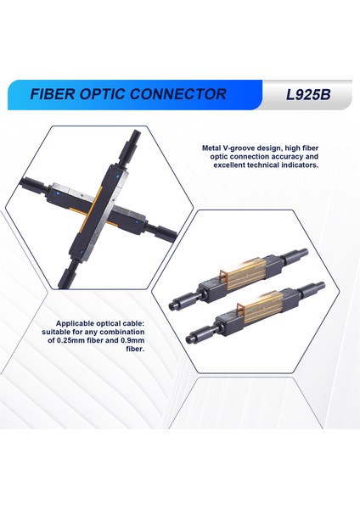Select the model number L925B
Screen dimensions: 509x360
[307, 94]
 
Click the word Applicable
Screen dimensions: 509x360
[77, 323]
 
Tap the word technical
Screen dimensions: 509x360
[276, 166]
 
